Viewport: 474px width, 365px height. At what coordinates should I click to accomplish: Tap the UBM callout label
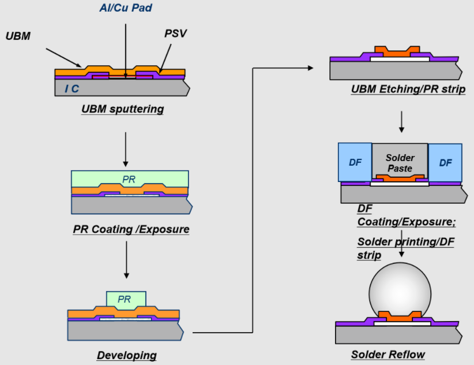point(18,36)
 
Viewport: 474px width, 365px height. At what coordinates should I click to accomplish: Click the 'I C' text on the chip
point(72,88)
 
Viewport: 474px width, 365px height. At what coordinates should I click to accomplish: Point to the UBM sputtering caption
point(122,109)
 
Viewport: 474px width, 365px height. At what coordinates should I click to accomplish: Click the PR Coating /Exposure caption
point(131,229)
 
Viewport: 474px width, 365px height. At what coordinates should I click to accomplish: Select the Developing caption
point(126,354)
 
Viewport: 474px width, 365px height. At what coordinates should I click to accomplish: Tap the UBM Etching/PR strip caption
point(408,90)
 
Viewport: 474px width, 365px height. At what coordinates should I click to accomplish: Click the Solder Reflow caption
point(388,354)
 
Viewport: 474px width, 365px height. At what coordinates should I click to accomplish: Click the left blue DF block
point(355,163)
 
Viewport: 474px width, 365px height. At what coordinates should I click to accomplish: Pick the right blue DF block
point(445,163)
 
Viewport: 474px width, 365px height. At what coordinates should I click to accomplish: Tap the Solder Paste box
point(400,162)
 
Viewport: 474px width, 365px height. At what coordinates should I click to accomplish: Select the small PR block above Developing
point(126,299)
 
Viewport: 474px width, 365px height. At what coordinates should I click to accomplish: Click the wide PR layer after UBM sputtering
point(130,178)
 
